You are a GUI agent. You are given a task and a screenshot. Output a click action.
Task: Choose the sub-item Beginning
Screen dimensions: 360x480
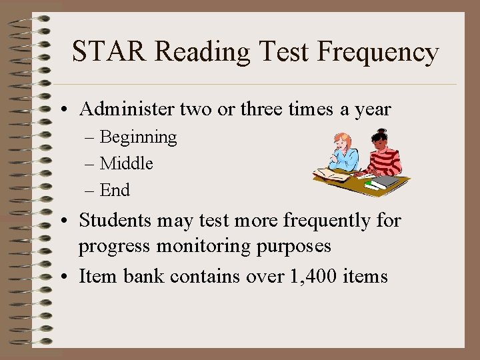pos(138,137)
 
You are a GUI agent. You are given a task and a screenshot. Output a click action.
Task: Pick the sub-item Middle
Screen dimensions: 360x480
pos(126,163)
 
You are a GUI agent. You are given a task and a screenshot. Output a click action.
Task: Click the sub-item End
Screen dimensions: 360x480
pos(115,190)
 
